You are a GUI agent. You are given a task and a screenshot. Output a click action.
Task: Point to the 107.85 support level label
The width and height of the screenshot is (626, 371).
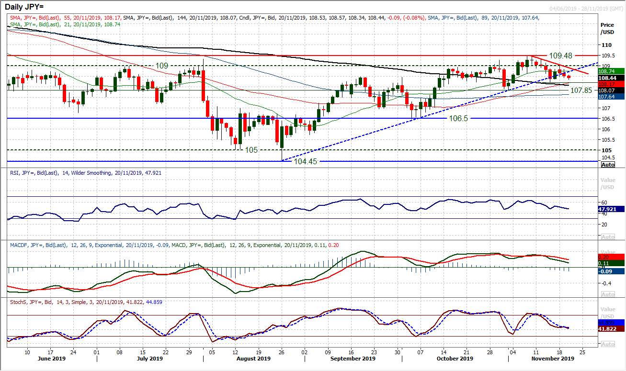[x=580, y=90]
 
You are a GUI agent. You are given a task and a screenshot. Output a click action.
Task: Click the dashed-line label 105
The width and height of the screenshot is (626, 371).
[x=251, y=150]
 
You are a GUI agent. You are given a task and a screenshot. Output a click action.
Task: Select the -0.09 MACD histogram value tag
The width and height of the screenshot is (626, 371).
[x=608, y=271]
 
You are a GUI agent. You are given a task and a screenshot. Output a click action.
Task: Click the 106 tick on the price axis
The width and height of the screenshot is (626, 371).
[x=605, y=129]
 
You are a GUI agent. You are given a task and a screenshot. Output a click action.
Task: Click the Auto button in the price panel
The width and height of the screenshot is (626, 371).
[x=607, y=165]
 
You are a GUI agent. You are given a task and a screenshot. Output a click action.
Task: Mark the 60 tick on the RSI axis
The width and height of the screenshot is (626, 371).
[x=604, y=202]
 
